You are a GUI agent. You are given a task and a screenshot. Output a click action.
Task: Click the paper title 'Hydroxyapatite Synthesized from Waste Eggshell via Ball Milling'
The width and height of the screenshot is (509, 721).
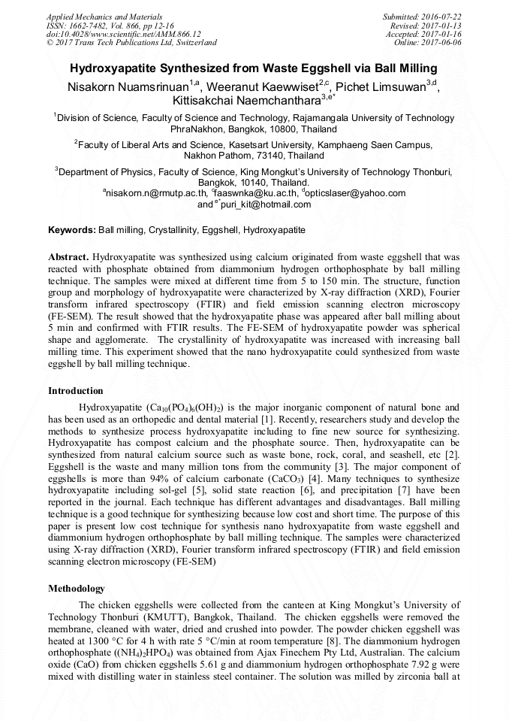(x=254, y=68)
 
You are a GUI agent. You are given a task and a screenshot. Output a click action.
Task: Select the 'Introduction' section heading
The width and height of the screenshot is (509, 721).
(x=76, y=391)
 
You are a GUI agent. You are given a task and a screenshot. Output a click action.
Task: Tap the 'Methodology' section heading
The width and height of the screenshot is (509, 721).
(x=77, y=589)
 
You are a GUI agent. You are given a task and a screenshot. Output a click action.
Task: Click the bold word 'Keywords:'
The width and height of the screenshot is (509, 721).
(x=72, y=229)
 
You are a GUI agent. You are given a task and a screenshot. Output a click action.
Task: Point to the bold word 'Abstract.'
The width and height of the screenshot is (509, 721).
(x=68, y=256)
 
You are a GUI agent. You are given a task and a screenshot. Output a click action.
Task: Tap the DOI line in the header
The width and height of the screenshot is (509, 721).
(x=124, y=34)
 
